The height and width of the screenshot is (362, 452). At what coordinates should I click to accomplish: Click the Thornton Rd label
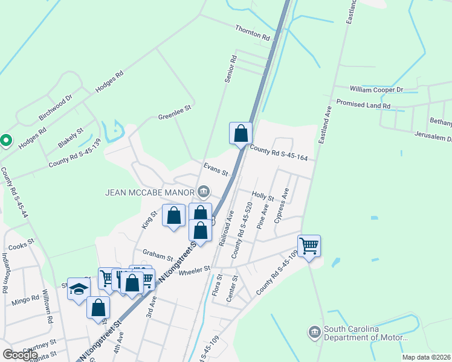(x=252, y=33)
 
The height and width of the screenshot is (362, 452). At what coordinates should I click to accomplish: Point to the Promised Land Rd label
(x=363, y=104)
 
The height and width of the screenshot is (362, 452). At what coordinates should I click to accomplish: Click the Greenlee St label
(x=174, y=112)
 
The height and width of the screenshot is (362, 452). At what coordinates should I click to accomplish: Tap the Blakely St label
(x=71, y=139)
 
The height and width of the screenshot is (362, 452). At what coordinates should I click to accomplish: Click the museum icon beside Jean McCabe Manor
(x=204, y=192)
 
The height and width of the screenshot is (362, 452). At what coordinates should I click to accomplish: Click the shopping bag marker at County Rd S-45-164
(x=241, y=133)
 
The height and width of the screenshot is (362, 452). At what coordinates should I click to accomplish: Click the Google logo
(x=20, y=355)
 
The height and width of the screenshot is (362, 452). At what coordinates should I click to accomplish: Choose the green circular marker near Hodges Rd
(x=6, y=141)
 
